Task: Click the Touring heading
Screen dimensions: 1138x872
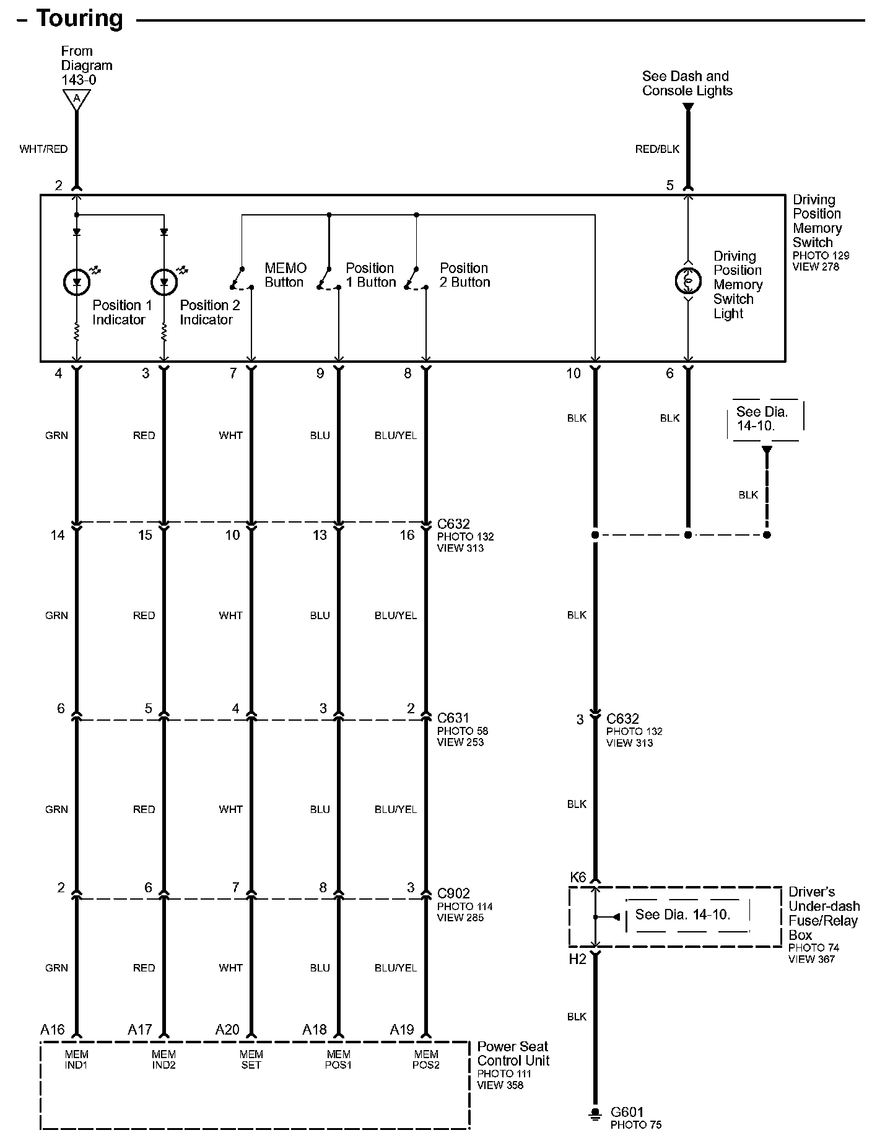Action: coord(79,18)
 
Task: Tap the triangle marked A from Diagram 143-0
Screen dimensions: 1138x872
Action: coord(77,99)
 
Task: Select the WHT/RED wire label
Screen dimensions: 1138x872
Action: coord(43,149)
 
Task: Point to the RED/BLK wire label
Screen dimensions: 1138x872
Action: coord(657,149)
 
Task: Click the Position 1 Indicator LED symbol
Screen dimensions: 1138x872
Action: coord(77,282)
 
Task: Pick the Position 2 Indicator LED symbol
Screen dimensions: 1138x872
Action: coord(164,282)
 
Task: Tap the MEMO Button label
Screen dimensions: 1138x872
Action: coord(285,275)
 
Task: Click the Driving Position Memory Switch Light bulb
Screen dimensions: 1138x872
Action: coord(687,281)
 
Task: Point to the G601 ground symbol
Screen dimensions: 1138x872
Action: coord(595,1113)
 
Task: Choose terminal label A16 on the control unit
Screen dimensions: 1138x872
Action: coord(53,1030)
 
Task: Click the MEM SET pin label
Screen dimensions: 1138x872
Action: coord(251,1059)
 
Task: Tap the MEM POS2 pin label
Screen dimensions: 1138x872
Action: coord(425,1059)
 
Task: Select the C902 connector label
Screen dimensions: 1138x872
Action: coord(453,893)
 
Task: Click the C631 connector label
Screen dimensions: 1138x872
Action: coord(453,718)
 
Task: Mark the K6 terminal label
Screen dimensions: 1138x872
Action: coord(577,877)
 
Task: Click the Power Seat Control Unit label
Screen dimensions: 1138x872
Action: coord(513,1053)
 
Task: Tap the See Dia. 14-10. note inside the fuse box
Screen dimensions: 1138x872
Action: coord(682,914)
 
